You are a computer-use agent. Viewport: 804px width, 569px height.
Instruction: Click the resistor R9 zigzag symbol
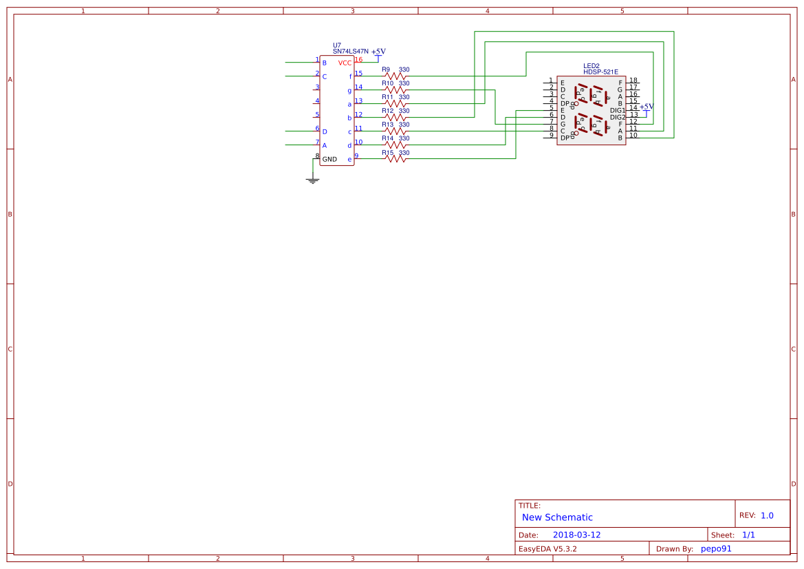coord(395,76)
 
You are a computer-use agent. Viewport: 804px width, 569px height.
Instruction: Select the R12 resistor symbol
coord(395,117)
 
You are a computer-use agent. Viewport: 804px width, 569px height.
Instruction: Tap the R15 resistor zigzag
coord(395,158)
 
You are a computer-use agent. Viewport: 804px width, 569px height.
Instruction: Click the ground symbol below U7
coord(312,180)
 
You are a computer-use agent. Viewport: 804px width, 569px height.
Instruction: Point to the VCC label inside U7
coord(345,63)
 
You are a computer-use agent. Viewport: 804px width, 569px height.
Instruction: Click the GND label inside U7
coord(330,160)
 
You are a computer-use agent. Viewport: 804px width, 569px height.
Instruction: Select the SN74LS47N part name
coord(350,52)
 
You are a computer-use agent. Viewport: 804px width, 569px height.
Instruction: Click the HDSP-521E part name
coord(600,72)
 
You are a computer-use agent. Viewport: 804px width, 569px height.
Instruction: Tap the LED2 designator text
coord(591,65)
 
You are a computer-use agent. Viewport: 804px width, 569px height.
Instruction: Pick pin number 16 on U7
coord(358,60)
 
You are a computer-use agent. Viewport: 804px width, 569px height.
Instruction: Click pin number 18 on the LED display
coord(633,80)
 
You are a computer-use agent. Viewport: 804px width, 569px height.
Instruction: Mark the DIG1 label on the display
coord(618,110)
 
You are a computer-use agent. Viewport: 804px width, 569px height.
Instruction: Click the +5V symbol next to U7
coord(378,52)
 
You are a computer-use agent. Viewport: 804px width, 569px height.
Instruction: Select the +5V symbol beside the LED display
coord(647,107)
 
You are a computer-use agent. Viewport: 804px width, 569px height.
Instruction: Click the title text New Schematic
coord(557,517)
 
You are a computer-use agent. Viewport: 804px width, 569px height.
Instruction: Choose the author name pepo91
coord(716,549)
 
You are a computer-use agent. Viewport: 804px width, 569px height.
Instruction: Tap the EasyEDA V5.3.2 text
coord(547,549)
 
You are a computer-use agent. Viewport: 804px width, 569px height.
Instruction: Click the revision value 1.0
coord(767,515)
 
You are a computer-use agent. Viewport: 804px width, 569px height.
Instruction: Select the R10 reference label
coord(389,83)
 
